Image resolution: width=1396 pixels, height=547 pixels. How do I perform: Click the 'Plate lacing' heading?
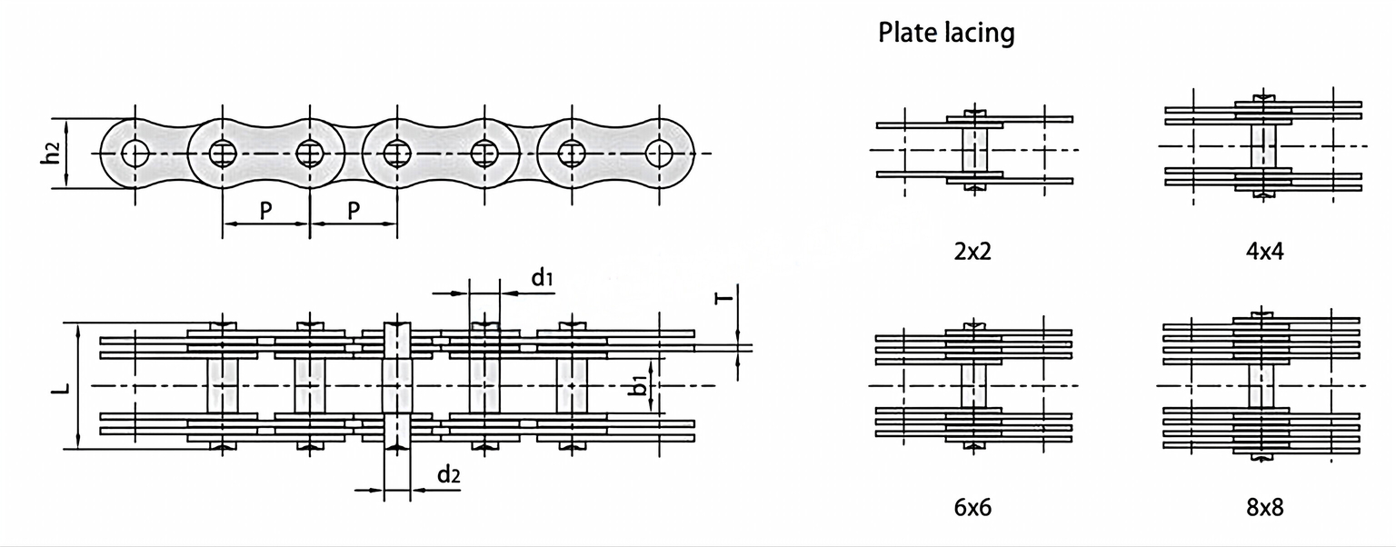coord(945,35)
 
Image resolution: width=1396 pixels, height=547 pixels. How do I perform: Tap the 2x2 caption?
coord(972,251)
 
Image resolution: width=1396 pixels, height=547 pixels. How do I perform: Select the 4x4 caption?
coord(1264,251)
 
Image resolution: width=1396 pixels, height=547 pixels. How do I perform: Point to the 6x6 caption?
coord(972,507)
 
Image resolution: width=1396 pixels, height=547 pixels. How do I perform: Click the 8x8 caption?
coord(1264,507)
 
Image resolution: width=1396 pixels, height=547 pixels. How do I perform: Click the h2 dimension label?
coord(55,154)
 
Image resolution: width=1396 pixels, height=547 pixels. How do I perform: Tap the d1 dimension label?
coord(542,278)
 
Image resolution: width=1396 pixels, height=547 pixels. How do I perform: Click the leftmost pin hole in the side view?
coord(135,154)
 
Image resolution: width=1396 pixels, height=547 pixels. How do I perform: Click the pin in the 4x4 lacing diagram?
coord(1263,145)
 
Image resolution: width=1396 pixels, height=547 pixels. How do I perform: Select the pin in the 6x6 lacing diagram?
coord(974,384)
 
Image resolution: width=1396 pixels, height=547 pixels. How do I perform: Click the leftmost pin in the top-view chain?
coord(223,385)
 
